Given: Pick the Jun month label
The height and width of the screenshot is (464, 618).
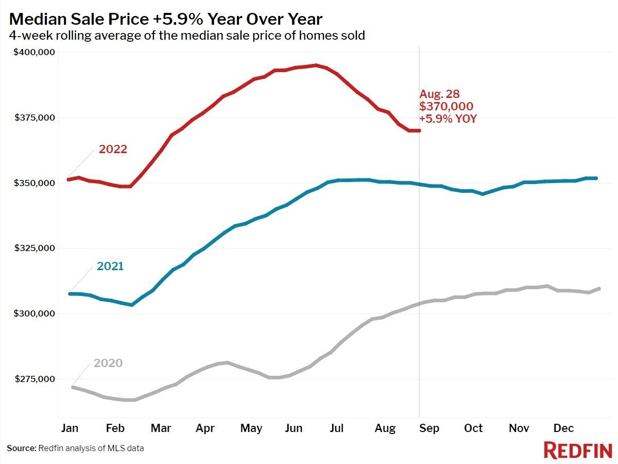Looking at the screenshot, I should point(294,428).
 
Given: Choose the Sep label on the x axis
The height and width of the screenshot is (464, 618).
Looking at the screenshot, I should point(429,428).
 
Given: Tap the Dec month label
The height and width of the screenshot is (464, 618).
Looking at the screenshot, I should point(564,428).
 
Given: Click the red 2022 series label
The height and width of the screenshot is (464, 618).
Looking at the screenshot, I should point(113,150).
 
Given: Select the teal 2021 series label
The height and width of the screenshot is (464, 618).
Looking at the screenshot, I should point(110,267).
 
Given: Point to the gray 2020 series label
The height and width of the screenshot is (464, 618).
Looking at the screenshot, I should point(108,363).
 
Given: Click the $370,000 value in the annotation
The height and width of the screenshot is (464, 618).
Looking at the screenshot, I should point(447,106).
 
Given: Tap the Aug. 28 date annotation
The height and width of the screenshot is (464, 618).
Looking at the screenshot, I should point(440,94).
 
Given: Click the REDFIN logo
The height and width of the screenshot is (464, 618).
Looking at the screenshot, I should point(577,450).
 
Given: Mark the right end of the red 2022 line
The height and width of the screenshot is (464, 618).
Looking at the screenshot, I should point(419,130).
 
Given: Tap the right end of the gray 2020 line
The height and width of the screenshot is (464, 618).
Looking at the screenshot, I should point(599,288).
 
